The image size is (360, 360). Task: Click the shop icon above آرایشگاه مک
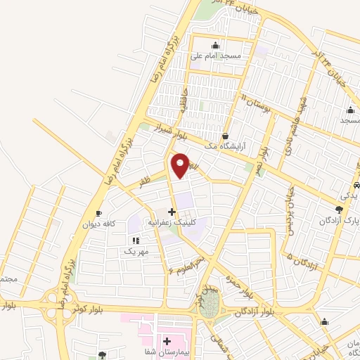225,136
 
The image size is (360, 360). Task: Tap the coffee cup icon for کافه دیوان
98,214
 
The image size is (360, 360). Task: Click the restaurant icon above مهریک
135,240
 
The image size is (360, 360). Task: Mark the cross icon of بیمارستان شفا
167,340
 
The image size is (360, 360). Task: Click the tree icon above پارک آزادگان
339,209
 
